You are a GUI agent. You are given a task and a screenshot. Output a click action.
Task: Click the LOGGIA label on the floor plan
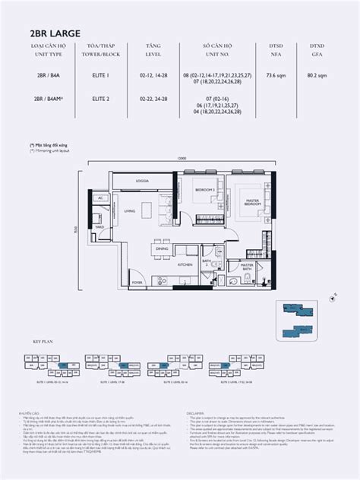pos(141,180)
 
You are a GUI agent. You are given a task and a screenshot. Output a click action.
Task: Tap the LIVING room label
pos(130,210)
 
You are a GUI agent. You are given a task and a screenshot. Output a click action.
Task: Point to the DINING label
pos(161,248)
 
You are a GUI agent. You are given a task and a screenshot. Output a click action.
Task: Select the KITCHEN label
pos(183,264)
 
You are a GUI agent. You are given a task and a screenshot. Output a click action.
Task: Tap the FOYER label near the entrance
pos(137,282)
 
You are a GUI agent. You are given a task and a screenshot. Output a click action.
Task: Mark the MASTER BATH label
pos(248,267)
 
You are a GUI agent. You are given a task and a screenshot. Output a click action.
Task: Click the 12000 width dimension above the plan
pos(179,159)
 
